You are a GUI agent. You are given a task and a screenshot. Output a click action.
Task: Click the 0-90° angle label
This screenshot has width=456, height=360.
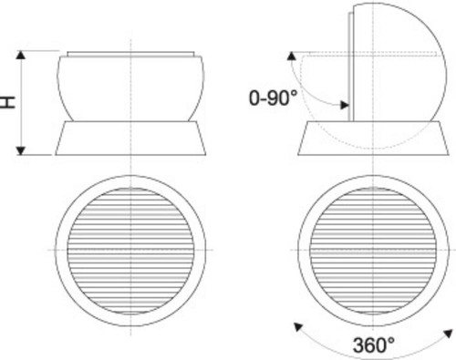273,98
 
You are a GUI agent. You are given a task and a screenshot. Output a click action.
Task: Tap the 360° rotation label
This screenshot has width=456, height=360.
374,345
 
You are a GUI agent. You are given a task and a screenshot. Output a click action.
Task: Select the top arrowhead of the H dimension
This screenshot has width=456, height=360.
20,55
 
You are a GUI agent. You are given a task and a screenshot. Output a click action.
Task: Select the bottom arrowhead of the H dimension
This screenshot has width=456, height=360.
20,150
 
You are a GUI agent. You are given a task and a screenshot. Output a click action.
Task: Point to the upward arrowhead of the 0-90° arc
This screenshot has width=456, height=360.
292,56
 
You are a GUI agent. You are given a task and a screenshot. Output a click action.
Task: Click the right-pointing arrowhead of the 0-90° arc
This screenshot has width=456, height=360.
345,105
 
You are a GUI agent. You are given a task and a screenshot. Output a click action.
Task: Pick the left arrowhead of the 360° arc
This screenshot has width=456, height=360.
298,327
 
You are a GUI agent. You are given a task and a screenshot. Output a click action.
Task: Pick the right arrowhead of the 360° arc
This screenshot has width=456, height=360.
448,333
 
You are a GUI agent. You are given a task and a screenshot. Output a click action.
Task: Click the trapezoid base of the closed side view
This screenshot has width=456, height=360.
130,139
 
